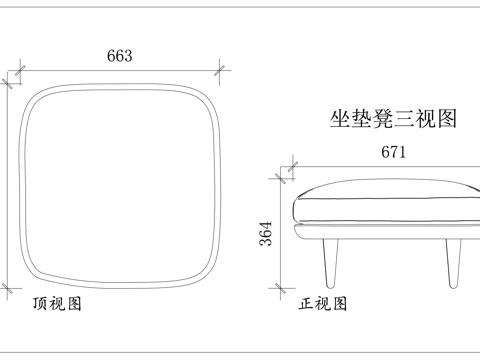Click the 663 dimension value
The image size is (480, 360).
point(119,56)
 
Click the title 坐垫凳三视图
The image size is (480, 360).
point(393,120)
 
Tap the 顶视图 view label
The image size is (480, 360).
point(57,303)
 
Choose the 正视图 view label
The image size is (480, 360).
point(323,303)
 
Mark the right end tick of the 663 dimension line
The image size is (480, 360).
point(221,72)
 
